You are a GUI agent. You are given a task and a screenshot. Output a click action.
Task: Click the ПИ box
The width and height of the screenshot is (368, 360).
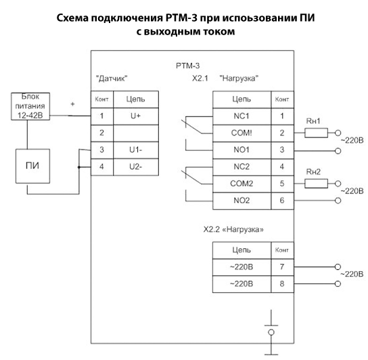(x=32, y=166)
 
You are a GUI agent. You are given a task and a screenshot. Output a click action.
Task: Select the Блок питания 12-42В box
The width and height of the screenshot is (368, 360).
(x=30, y=106)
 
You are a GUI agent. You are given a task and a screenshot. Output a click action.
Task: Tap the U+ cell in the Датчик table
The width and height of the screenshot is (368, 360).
(x=136, y=116)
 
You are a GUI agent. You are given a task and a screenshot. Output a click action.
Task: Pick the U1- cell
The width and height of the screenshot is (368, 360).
(x=136, y=150)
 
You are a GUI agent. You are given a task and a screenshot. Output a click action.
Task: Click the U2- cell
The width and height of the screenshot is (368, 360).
(x=136, y=167)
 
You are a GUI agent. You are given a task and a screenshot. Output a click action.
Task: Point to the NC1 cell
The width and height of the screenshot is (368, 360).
(x=241, y=116)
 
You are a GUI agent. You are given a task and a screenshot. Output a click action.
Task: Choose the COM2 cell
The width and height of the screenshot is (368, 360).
(x=241, y=184)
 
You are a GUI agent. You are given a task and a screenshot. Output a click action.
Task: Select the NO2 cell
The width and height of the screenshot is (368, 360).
(x=241, y=201)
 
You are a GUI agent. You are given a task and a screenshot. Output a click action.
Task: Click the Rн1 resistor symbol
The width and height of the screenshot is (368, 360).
(x=316, y=133)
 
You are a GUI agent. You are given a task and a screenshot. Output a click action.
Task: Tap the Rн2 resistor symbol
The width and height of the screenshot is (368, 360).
(x=316, y=183)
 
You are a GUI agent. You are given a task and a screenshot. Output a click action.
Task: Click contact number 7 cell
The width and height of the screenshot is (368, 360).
(x=282, y=267)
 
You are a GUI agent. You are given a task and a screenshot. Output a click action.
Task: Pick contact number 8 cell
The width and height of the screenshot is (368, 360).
(x=282, y=284)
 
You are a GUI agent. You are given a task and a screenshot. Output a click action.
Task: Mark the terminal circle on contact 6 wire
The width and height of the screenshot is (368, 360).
(x=338, y=200)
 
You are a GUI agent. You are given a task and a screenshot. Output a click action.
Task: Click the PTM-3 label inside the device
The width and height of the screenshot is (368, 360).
(x=188, y=66)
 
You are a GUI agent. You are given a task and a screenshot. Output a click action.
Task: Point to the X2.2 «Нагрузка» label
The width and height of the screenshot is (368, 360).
(x=233, y=229)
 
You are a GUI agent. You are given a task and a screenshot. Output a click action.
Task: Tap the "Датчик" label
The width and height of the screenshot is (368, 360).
(x=112, y=78)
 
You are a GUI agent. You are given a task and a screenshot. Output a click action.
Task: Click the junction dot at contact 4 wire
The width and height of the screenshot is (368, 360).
(x=79, y=167)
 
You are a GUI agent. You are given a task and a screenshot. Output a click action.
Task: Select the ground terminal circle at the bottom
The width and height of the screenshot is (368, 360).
(x=271, y=332)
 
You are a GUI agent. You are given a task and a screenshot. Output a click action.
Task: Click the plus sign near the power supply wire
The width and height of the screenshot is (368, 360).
(x=73, y=104)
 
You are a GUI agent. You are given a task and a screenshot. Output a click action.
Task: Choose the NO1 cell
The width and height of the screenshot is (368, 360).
(x=241, y=150)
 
